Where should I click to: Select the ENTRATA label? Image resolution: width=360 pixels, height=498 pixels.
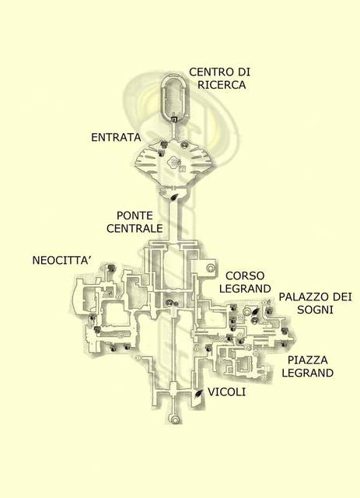(116, 138)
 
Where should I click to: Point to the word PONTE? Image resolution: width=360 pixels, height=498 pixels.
(135, 216)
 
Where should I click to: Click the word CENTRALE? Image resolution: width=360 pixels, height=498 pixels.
(135, 228)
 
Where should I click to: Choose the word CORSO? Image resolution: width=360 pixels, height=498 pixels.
(245, 275)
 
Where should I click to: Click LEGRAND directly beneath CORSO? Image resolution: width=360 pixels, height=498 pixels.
(245, 289)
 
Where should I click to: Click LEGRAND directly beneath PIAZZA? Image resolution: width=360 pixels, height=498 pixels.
(308, 373)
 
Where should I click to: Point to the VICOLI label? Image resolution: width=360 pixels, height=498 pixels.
(226, 392)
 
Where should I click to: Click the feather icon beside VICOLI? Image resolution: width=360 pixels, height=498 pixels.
(199, 395)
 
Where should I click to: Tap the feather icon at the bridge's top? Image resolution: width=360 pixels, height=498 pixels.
(175, 197)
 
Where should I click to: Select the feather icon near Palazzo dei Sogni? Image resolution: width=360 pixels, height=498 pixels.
(255, 311)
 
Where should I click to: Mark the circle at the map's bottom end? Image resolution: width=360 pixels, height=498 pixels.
(174, 419)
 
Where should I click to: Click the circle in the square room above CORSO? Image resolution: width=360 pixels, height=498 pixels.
(210, 268)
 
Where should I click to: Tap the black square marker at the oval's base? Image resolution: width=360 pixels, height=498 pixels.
(173, 119)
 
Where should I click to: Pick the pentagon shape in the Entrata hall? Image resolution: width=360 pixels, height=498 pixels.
(173, 162)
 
